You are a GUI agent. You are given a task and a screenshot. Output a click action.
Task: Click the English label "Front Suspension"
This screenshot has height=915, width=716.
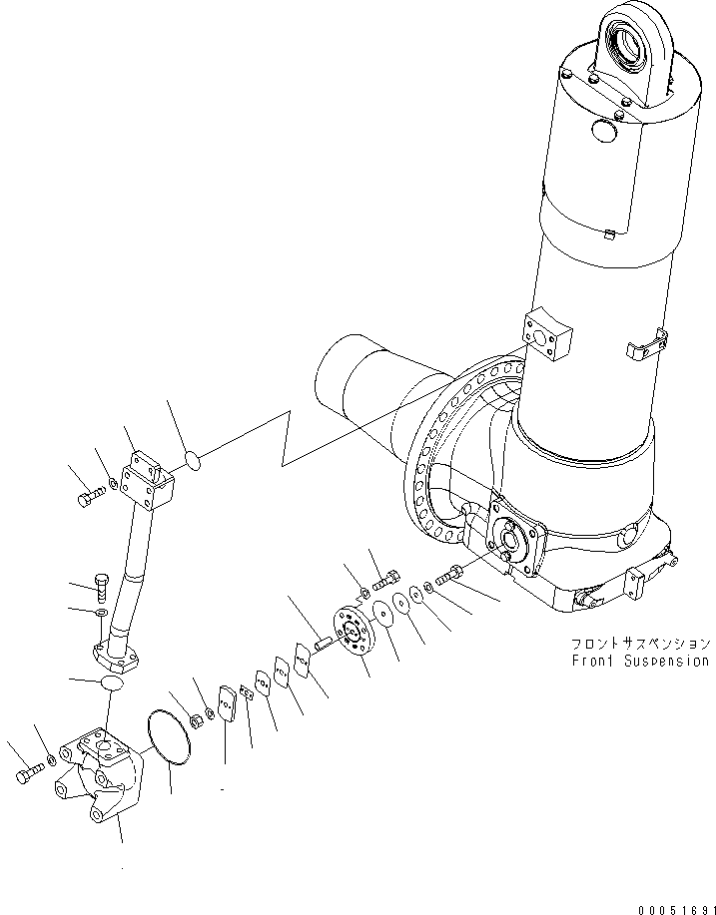(x=640, y=661)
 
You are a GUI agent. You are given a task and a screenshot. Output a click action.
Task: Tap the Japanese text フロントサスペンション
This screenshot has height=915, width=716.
(x=640, y=644)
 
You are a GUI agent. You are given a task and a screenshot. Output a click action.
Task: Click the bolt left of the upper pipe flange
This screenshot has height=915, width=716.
(x=89, y=495)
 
